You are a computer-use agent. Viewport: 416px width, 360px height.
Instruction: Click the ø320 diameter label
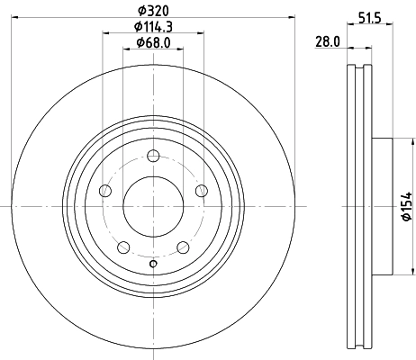point(152,12)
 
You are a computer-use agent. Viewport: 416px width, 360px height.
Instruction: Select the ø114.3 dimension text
point(152,27)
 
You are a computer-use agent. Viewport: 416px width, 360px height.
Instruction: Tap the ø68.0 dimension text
point(152,42)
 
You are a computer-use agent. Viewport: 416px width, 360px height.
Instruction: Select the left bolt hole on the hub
point(105,190)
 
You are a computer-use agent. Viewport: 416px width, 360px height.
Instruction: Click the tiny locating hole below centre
point(152,263)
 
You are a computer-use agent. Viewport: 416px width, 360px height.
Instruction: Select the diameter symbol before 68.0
point(139,42)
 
